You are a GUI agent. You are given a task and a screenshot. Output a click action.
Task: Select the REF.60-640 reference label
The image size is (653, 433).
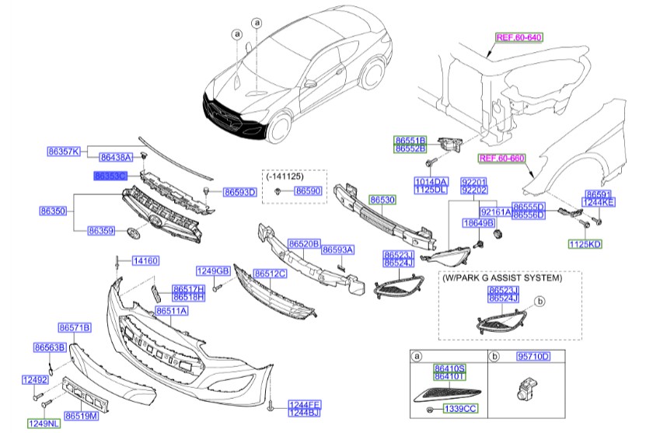[x=519, y=37]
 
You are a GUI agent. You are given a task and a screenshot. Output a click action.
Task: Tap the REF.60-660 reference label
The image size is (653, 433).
[x=502, y=158]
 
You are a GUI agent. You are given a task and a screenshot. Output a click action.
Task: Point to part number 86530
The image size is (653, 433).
[x=382, y=200]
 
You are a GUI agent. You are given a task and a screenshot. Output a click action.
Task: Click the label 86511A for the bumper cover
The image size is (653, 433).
[x=173, y=311]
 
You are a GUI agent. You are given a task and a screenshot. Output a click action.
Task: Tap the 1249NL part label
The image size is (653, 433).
[x=43, y=424]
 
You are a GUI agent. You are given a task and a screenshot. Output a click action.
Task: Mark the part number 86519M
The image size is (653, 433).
[x=81, y=416]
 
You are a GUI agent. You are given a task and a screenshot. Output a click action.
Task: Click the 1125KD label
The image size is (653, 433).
[x=585, y=244]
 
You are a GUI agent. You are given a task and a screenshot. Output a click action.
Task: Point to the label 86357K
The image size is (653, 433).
[x=63, y=151]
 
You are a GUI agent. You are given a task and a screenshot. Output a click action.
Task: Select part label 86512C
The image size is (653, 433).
[x=270, y=273]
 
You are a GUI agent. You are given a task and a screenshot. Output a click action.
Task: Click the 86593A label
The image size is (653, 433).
[x=338, y=250]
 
